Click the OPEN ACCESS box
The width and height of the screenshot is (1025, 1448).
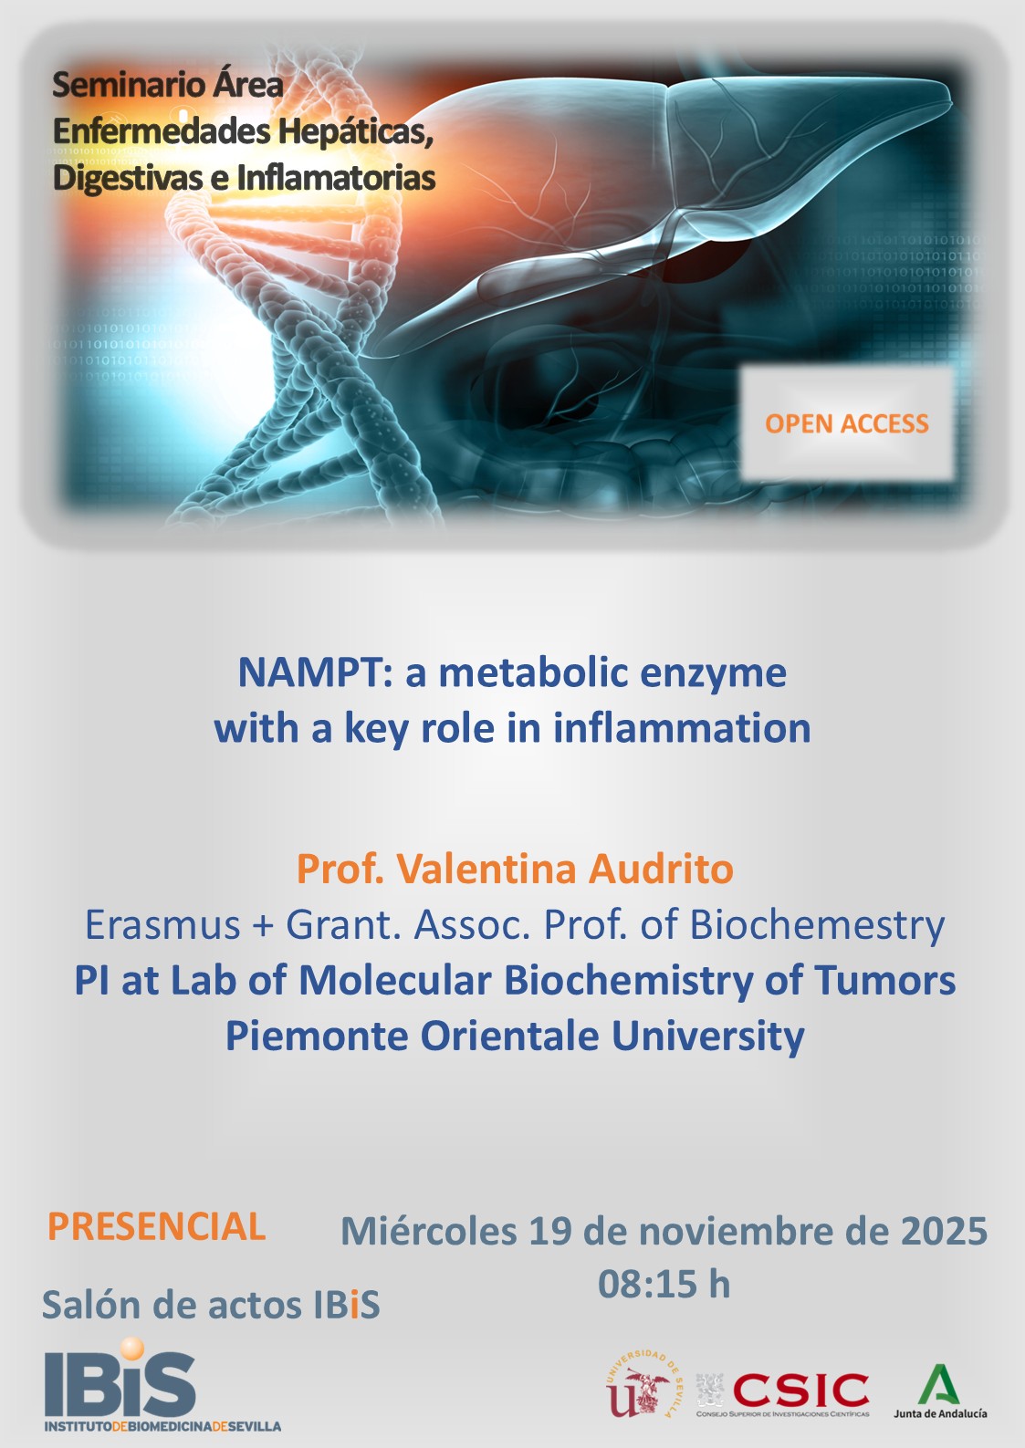[846, 423]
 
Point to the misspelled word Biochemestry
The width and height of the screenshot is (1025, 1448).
[817, 924]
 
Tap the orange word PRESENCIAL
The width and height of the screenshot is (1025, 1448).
[156, 1226]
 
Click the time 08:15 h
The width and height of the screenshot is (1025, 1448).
[664, 1284]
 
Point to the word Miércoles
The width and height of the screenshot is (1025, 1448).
[428, 1231]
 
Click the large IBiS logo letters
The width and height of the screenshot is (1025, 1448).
[120, 1384]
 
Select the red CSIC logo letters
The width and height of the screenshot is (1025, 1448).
[800, 1390]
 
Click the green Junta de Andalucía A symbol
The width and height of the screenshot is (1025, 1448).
[939, 1385]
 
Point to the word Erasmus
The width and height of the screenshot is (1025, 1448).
[162, 924]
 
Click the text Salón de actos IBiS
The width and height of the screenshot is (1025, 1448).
[211, 1305]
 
